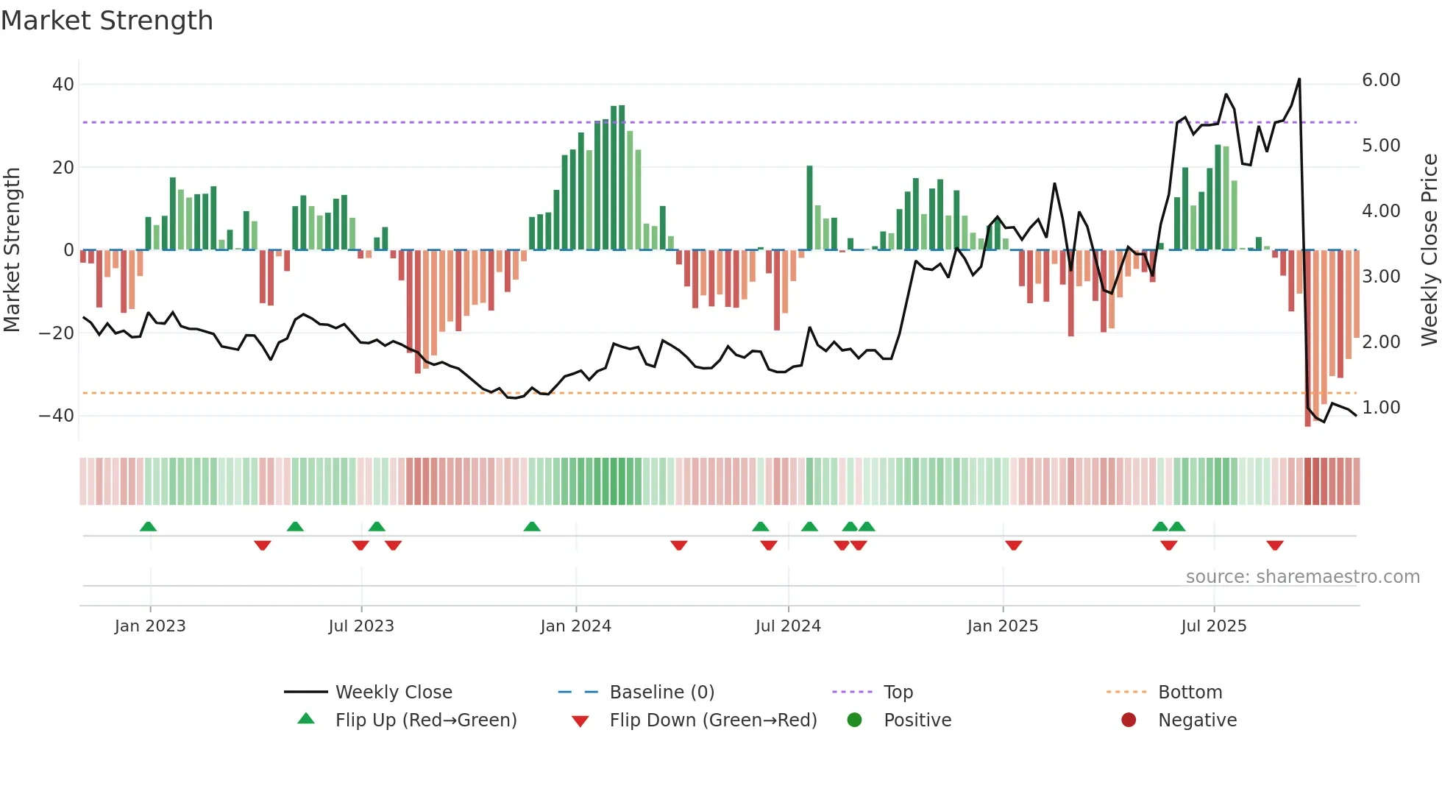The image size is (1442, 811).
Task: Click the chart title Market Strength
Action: click(x=107, y=21)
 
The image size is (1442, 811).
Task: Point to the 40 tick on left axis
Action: click(x=63, y=85)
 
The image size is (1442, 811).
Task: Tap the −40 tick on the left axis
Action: click(x=57, y=416)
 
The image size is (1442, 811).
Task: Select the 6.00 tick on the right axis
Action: click(x=1381, y=80)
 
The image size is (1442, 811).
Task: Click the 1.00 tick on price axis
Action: click(x=1381, y=408)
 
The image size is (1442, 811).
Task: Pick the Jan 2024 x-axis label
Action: click(x=575, y=626)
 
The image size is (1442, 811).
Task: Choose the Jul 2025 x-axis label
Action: click(x=1213, y=626)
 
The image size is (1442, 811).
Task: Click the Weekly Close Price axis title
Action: click(x=1429, y=250)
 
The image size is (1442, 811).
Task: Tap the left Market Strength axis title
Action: click(x=13, y=250)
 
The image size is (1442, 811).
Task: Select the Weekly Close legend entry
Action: click(x=393, y=693)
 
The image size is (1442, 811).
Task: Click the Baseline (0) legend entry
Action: click(x=661, y=693)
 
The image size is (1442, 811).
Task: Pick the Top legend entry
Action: click(x=898, y=693)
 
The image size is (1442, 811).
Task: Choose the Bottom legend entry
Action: click(x=1190, y=693)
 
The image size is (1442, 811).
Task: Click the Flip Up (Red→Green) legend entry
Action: click(x=425, y=720)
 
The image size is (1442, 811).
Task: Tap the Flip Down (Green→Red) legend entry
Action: click(x=712, y=720)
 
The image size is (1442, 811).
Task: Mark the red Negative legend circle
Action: click(x=1129, y=720)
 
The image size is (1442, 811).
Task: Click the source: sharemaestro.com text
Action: click(x=1302, y=577)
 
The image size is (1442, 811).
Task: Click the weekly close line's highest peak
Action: click(x=1299, y=79)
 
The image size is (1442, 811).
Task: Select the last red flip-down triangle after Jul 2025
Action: click(x=1275, y=545)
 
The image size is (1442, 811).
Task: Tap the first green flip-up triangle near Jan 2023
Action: click(x=148, y=526)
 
